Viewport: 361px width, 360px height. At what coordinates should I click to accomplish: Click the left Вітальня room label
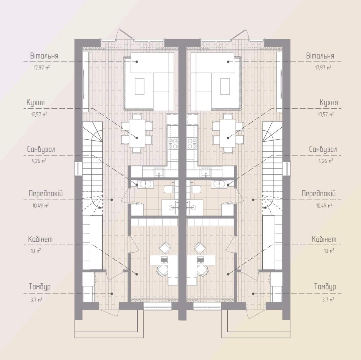coord(44,56)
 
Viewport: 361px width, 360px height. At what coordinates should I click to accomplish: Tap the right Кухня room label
coord(329,102)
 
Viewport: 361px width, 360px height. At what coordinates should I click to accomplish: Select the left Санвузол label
coord(41,149)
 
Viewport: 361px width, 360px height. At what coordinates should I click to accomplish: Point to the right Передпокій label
coord(319,193)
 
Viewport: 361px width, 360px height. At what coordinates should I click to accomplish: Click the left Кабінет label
coord(40,239)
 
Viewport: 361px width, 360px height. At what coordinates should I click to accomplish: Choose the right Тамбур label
coord(325,286)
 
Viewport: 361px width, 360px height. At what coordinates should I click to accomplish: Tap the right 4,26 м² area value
coord(326,161)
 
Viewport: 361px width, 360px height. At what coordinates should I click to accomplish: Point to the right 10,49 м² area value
coord(324,205)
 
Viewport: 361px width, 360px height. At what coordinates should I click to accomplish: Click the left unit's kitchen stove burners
coord(173,143)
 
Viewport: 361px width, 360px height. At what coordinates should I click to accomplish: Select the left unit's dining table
coord(137,133)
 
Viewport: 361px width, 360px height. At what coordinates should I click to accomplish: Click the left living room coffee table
coord(140,86)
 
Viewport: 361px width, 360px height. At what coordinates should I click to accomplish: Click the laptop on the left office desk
coord(164,259)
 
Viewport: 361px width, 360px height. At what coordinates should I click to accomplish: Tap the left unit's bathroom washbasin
coord(145,185)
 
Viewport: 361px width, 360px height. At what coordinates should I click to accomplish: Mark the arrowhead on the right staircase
coord(265,207)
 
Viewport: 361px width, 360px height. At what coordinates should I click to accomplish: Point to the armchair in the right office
coord(200,248)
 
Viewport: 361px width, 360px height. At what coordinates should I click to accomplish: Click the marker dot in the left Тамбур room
coord(112,294)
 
